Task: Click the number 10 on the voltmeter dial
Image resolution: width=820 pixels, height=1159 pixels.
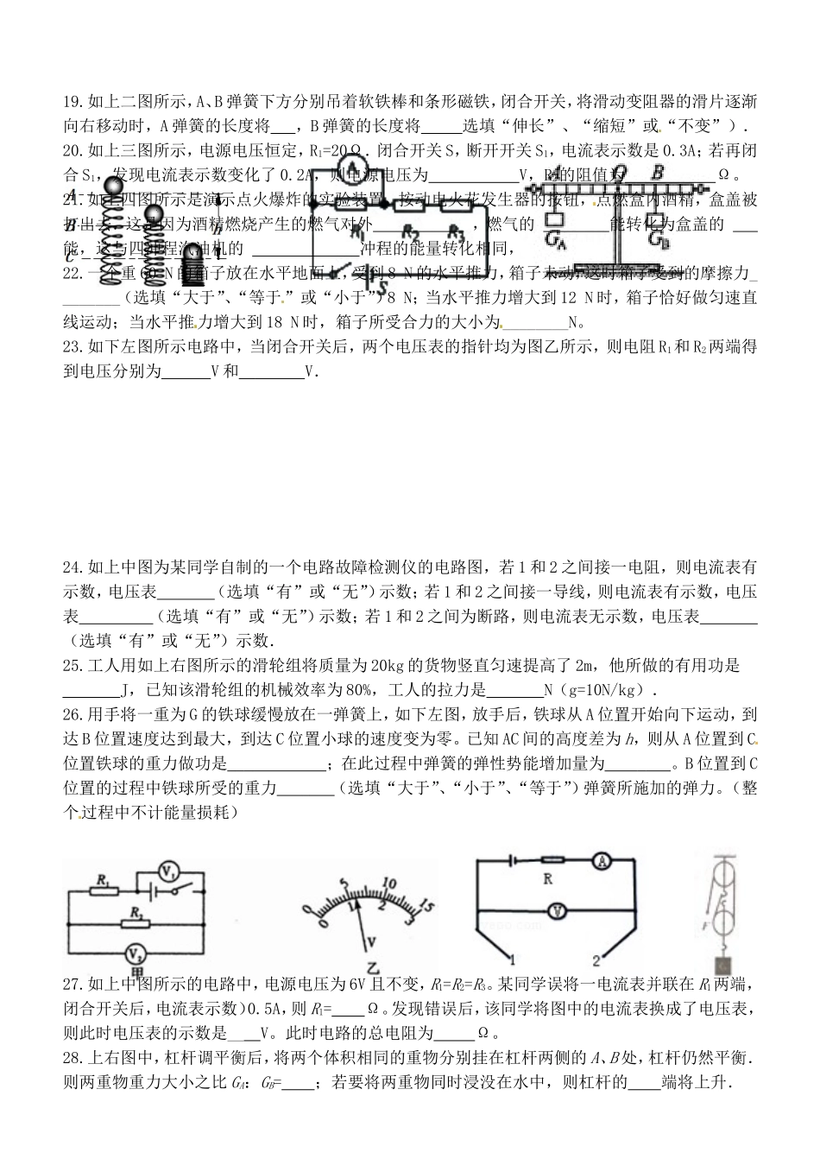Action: point(388,884)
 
